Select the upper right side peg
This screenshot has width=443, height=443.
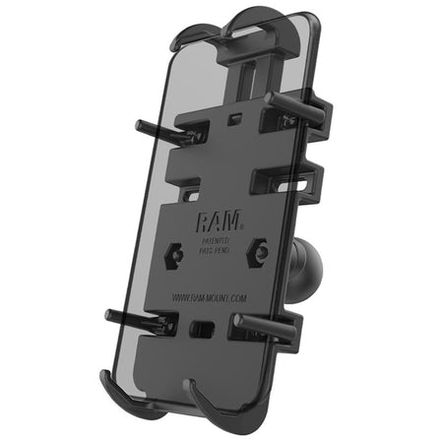pos(294,102)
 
